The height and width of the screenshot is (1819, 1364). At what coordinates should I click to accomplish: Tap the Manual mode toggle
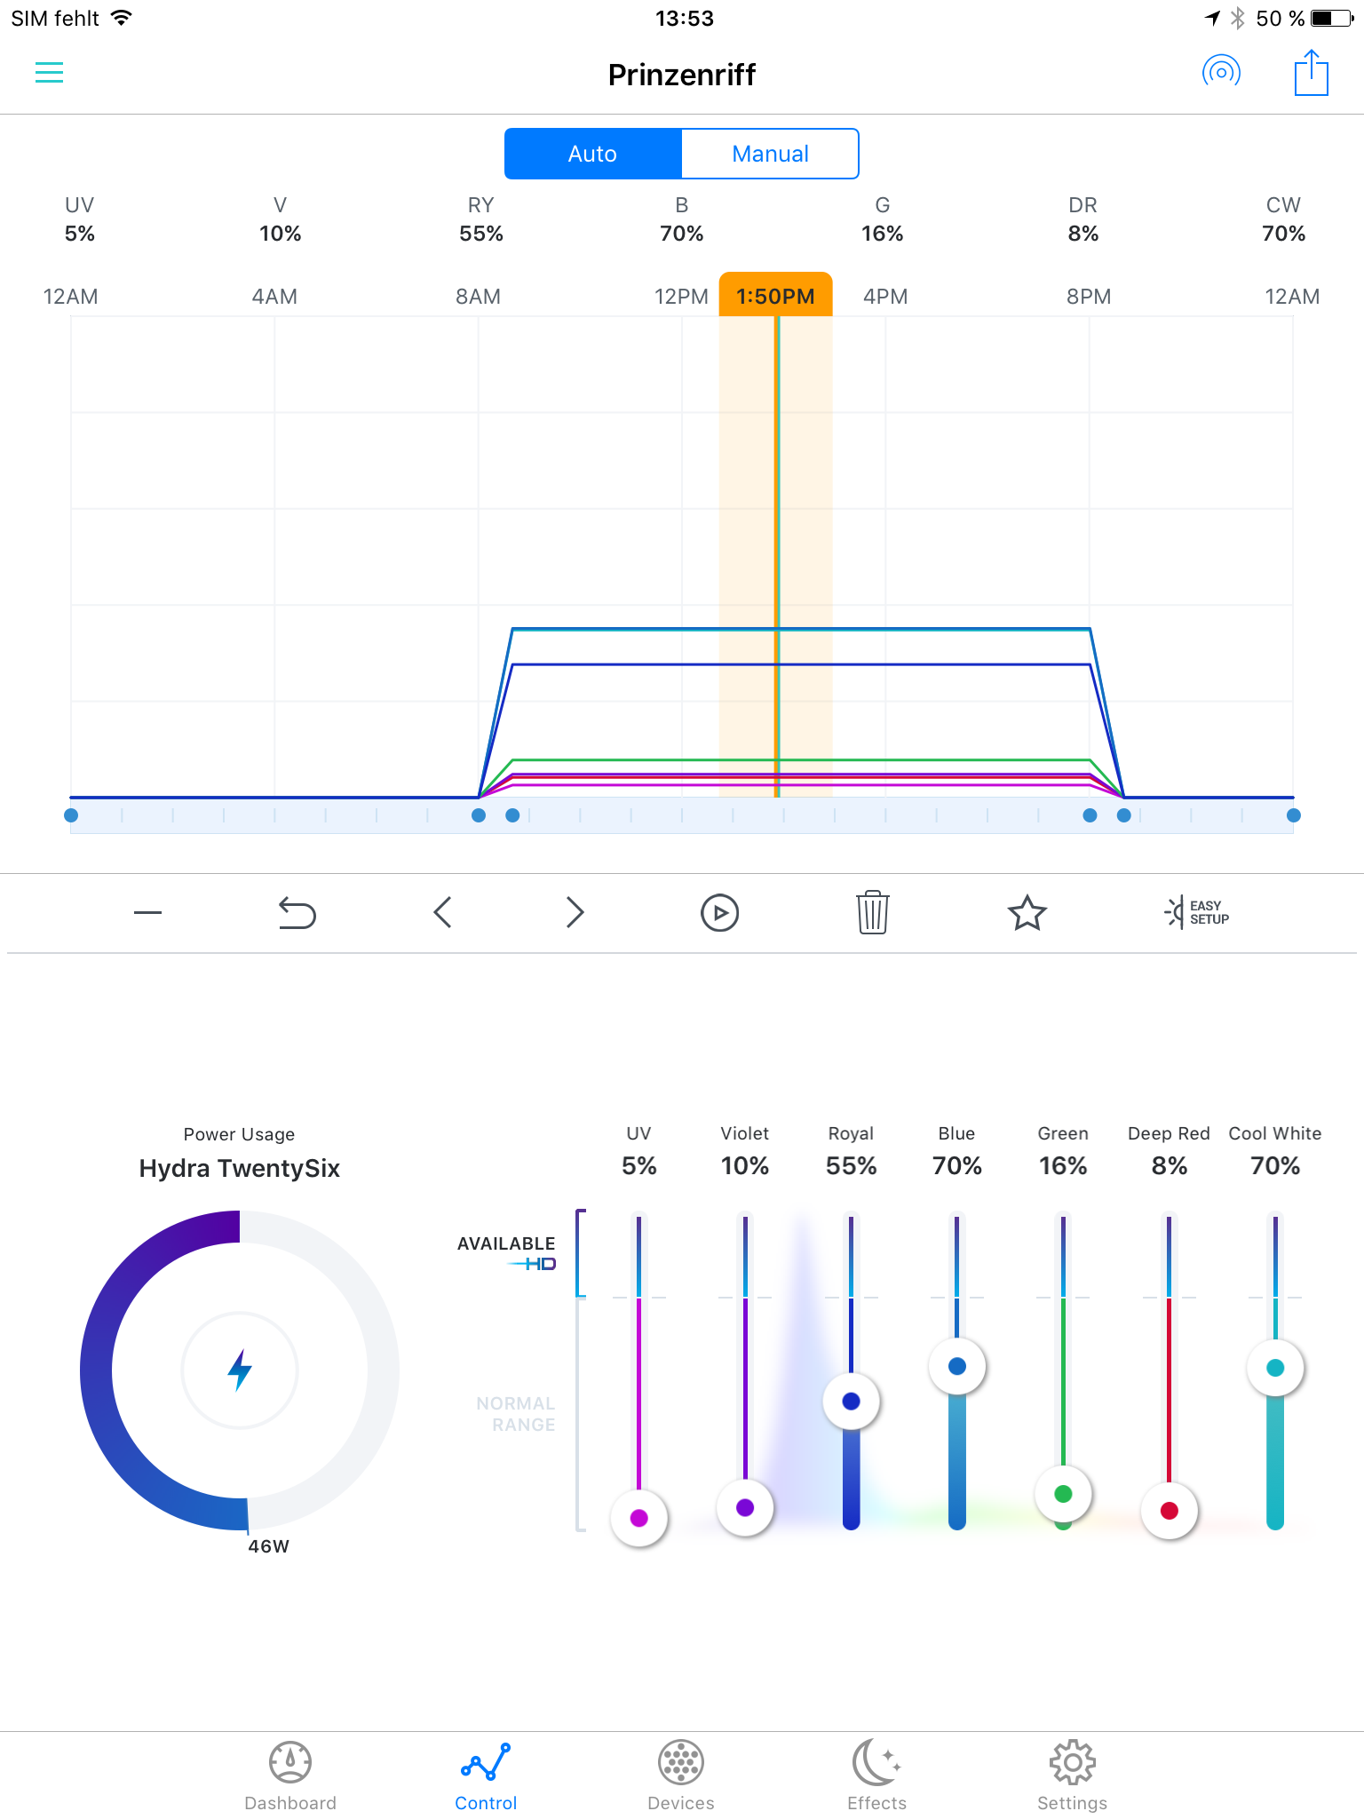tap(770, 154)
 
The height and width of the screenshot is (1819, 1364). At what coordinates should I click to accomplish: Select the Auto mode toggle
tap(592, 154)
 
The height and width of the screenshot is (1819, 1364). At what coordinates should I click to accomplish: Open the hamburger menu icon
tap(49, 73)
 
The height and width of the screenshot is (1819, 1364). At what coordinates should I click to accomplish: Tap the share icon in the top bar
tap(1311, 73)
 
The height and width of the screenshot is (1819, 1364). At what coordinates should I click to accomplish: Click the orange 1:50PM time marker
tap(775, 296)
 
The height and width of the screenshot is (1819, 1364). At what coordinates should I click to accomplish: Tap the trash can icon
tap(873, 912)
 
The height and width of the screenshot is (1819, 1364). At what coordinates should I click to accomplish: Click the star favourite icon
tap(1027, 912)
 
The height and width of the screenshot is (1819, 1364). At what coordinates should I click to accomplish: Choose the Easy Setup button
tap(1197, 912)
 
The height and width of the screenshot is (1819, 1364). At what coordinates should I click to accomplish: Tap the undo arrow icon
tap(297, 912)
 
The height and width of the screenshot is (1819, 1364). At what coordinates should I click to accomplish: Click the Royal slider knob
tap(851, 1402)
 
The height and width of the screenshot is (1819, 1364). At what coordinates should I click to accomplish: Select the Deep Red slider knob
tap(1169, 1511)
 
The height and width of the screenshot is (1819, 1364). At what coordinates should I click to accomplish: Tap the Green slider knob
tap(1063, 1494)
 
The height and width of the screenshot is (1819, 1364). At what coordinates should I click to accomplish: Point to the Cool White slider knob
tap(1275, 1368)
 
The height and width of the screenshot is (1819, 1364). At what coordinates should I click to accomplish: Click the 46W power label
tap(268, 1546)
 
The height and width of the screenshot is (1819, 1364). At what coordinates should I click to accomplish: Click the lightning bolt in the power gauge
tap(240, 1370)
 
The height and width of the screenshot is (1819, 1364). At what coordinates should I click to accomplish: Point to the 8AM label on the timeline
tap(478, 297)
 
